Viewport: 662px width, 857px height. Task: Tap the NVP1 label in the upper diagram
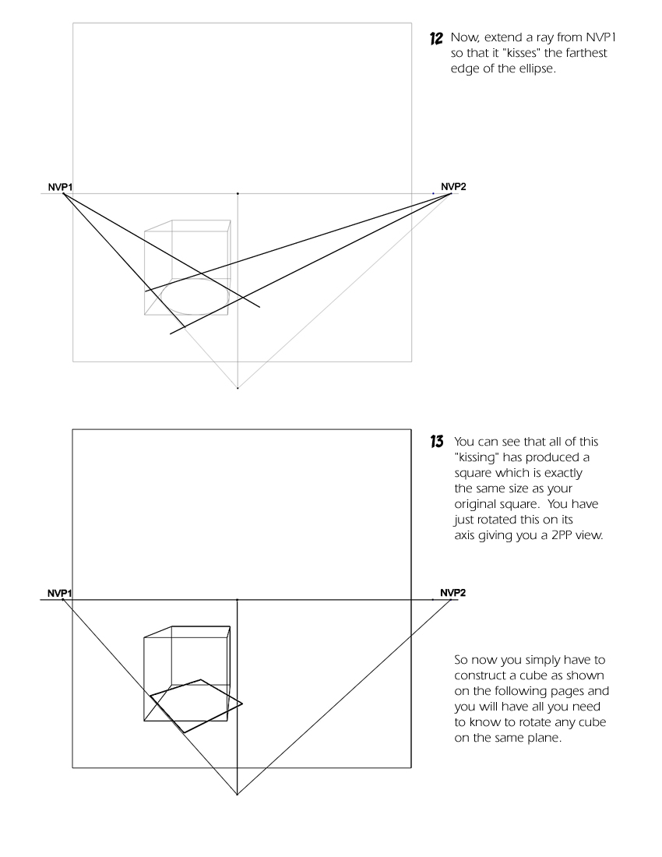click(57, 187)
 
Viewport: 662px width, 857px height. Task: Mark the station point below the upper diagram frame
click(238, 387)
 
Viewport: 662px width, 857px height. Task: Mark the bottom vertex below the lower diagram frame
click(238, 795)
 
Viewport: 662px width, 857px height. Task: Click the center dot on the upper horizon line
click(238, 193)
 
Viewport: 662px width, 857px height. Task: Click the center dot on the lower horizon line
click(238, 600)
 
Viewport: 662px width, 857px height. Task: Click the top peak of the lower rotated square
click(201, 679)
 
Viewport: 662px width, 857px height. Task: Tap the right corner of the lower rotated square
click(242, 704)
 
